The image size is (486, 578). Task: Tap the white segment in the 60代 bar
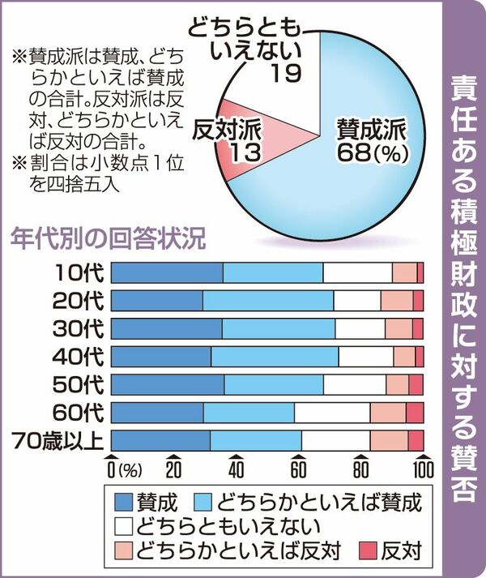pyautogui.click(x=332, y=413)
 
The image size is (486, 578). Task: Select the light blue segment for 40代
pyautogui.click(x=275, y=357)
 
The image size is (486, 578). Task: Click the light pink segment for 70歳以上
pyautogui.click(x=389, y=441)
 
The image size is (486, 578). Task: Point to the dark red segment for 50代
pyautogui.click(x=416, y=385)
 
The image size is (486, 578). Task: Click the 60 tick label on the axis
pyautogui.click(x=298, y=471)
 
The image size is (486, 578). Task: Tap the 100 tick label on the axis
pyautogui.click(x=422, y=471)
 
